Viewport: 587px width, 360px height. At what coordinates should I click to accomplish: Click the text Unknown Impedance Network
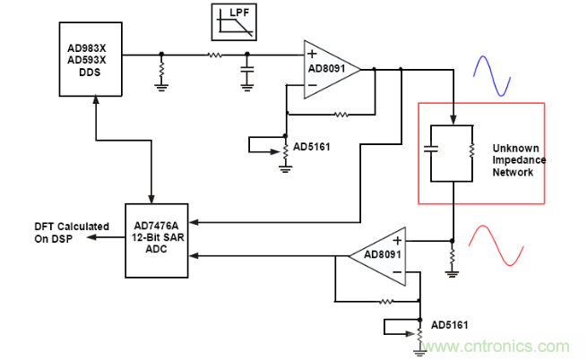(x=519, y=159)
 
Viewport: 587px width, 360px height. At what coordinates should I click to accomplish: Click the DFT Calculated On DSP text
(x=71, y=232)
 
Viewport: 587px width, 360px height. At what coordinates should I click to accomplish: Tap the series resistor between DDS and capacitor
(x=215, y=55)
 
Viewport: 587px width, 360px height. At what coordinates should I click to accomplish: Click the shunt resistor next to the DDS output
(x=162, y=69)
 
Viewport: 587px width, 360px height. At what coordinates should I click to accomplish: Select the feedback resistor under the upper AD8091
(x=341, y=114)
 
